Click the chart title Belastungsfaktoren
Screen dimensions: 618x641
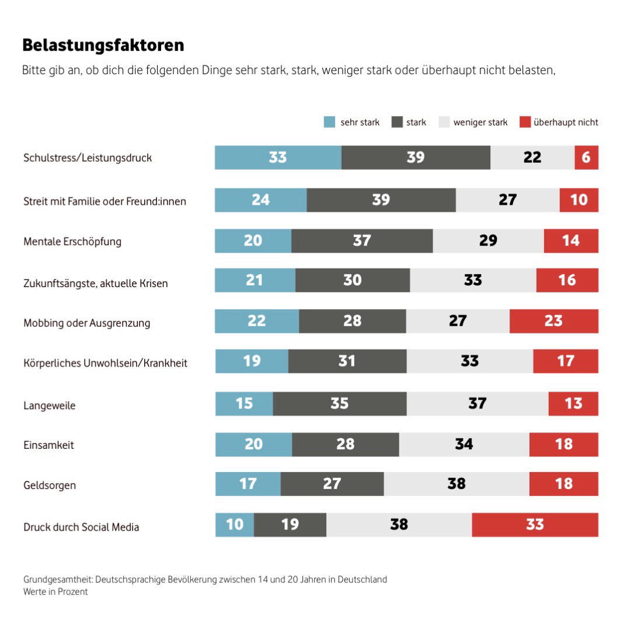(x=103, y=45)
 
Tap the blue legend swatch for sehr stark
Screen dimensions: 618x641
(x=330, y=123)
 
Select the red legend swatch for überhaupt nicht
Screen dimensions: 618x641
(x=525, y=123)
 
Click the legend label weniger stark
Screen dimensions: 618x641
(x=480, y=123)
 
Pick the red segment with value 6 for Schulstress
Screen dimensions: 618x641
(x=586, y=158)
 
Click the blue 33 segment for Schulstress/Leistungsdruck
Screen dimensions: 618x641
(x=278, y=158)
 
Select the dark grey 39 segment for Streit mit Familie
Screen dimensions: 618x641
(x=381, y=200)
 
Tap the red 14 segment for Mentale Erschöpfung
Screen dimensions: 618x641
(x=570, y=240)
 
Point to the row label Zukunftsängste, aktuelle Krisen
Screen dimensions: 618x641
(x=95, y=284)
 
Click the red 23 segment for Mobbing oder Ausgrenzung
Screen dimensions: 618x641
(x=553, y=321)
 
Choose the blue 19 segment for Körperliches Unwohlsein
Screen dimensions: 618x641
(x=252, y=361)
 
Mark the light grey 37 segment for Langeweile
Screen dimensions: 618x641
(x=477, y=403)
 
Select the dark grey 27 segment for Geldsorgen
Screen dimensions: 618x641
(x=332, y=484)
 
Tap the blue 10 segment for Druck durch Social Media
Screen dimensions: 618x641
(x=235, y=525)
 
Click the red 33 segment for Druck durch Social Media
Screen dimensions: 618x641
(x=535, y=525)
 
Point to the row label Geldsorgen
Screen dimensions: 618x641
(x=50, y=485)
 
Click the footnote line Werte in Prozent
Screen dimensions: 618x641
(x=55, y=592)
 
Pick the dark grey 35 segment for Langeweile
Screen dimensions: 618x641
(x=339, y=403)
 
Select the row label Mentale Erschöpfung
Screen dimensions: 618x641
(x=72, y=242)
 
